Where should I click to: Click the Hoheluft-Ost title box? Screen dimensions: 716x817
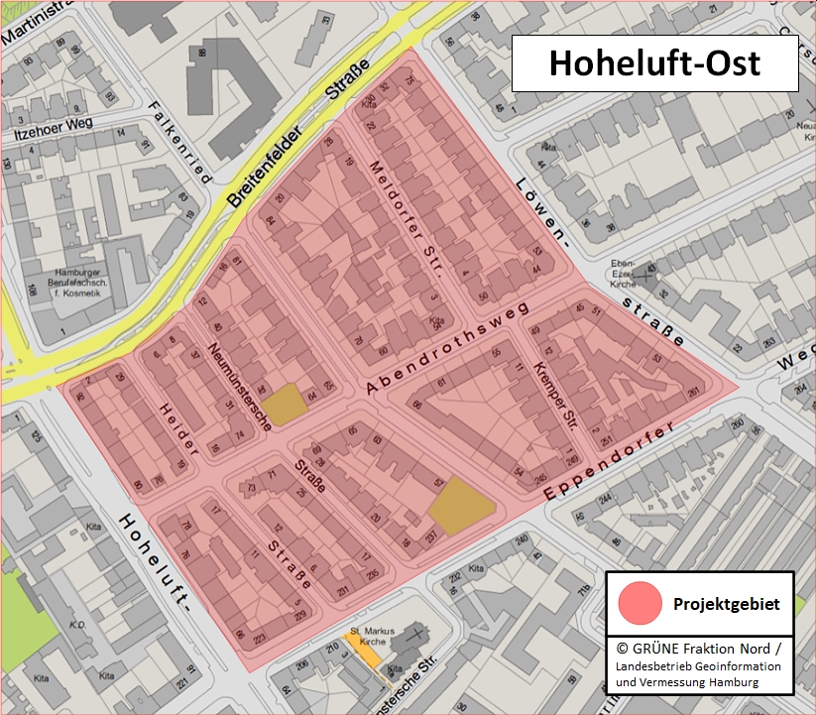click(x=654, y=63)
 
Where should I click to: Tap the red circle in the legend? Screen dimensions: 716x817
click(x=640, y=603)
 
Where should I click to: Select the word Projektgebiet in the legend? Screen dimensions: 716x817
click(x=726, y=604)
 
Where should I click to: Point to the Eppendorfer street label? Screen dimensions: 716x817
click(x=610, y=462)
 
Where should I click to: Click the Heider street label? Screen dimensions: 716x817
click(x=178, y=428)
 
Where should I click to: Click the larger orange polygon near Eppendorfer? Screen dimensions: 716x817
click(x=461, y=506)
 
